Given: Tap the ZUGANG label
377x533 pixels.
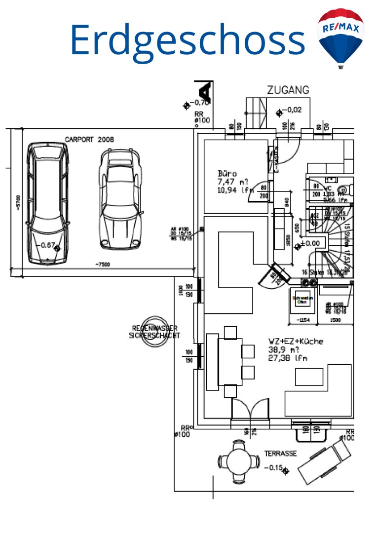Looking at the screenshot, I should tap(288, 90).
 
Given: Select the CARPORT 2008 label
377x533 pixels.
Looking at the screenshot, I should tap(89, 140).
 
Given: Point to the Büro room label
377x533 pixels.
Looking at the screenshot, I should tap(228, 174).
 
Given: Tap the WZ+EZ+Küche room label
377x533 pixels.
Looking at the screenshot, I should tap(296, 341).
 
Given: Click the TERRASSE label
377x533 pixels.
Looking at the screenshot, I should tap(280, 454).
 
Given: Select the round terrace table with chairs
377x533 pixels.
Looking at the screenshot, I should tap(239, 461).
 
